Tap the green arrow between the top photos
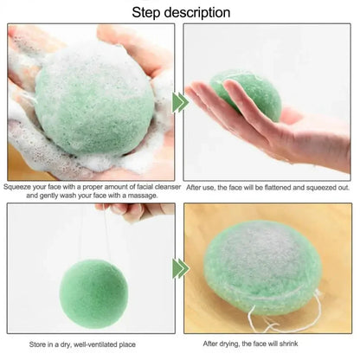point(179,102)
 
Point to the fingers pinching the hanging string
point(130,209)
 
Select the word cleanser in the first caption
point(156,186)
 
